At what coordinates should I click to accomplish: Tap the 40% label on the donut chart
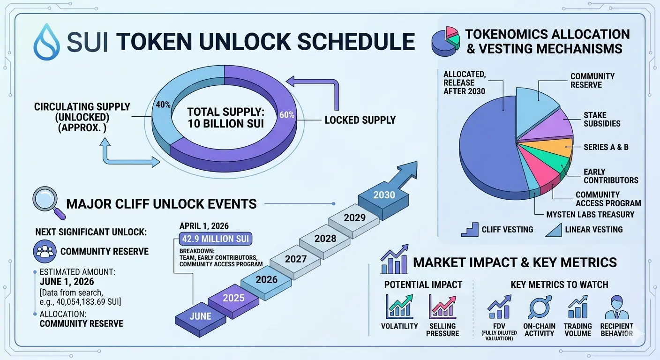coord(163,105)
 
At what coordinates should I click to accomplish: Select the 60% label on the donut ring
coord(287,115)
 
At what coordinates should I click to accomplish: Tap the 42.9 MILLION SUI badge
coord(215,239)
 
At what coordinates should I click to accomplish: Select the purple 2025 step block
coord(233,301)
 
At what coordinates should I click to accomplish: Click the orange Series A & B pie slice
coord(554,148)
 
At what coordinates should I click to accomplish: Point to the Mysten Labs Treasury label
coord(590,215)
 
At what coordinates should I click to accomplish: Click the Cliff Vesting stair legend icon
coord(470,230)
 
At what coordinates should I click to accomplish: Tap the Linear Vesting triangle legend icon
coord(554,230)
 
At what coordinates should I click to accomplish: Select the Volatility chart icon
coord(399,307)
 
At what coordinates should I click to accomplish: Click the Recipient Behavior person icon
coord(617,307)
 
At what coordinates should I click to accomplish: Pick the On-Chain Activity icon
coord(539,307)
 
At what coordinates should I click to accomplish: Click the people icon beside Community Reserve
coord(45,251)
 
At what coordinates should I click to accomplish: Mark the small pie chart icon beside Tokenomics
coord(445,41)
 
